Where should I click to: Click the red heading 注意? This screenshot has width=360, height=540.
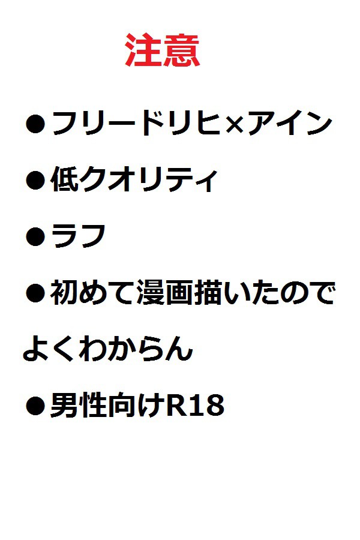[x=162, y=50]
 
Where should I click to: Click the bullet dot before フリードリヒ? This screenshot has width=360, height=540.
[x=35, y=124]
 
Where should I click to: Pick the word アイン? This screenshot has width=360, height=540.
[x=290, y=123]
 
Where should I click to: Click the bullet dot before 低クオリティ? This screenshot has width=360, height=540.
[x=35, y=180]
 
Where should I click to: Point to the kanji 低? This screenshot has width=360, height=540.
[x=65, y=179]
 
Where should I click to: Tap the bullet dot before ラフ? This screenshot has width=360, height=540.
[x=35, y=237]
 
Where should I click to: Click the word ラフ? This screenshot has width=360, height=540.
[x=79, y=236]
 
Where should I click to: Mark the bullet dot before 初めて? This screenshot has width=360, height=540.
[x=35, y=293]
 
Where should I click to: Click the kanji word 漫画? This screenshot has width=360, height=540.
[x=164, y=293]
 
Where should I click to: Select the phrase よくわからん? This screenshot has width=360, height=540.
[x=107, y=349]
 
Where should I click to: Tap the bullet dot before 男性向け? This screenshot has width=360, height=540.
[x=35, y=406]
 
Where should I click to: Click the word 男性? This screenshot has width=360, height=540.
[x=79, y=406]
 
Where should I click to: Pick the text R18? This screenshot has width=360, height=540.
[x=195, y=406]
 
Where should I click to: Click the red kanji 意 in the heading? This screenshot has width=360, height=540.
[x=182, y=50]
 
